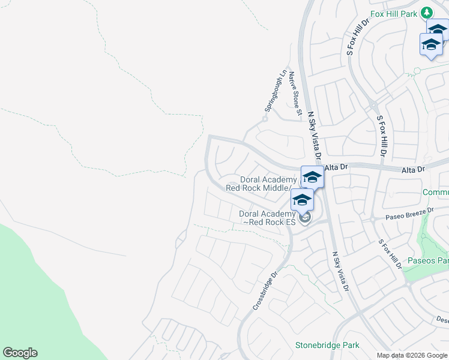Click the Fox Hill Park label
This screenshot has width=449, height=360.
393,13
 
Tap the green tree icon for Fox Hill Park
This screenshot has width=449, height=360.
427,12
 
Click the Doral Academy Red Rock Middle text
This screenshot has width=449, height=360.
262,184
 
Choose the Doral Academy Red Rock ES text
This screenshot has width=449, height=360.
268,218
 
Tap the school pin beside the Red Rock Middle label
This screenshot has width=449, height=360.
312,178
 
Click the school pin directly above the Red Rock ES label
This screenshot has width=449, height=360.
302,200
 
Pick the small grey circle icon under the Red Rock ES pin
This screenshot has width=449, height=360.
304,218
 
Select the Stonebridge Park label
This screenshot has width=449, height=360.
327,345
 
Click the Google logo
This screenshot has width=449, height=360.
20,353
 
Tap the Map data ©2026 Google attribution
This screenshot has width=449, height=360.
411,355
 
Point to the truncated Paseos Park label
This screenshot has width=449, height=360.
428,260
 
